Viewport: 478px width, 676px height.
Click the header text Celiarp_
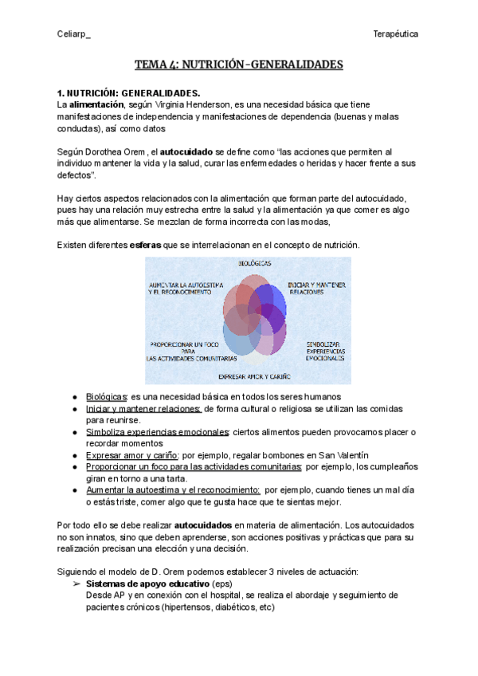[x=74, y=33]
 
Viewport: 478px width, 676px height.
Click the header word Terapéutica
[x=396, y=33]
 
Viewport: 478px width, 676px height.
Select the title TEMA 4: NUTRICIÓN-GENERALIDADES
[x=238, y=64]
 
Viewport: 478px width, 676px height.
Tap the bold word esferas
[x=145, y=244]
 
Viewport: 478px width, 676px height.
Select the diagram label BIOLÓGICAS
[x=253, y=262]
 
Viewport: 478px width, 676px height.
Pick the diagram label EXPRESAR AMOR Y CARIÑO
[x=254, y=375]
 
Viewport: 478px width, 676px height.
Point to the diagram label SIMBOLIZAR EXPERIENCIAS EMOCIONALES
[x=324, y=352]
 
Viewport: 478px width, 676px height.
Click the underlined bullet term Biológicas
[x=106, y=396]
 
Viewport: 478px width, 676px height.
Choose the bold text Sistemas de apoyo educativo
[x=142, y=584]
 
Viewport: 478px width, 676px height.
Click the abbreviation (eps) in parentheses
[x=212, y=584]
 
